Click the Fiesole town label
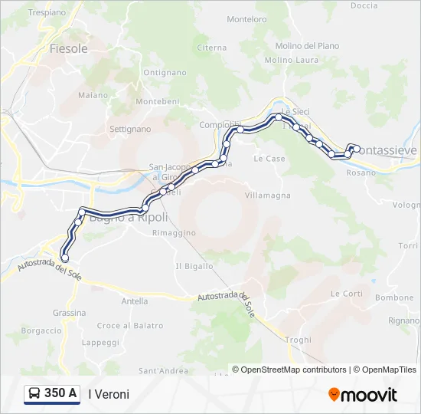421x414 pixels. tap(68, 48)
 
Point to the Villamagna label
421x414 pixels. tap(268, 195)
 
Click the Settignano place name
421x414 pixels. tap(130, 129)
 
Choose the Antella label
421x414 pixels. tap(135, 301)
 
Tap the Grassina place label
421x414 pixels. tap(69, 313)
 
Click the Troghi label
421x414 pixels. tap(298, 340)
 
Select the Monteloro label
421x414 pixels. tap(247, 19)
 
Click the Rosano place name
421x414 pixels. tap(361, 172)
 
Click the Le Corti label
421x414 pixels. tap(347, 294)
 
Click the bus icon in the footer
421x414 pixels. tap(35, 393)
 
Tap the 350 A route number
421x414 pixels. tap(60, 393)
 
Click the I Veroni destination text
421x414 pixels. tap(109, 394)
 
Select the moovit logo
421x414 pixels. tap(363, 394)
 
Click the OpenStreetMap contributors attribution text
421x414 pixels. tap(293, 370)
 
